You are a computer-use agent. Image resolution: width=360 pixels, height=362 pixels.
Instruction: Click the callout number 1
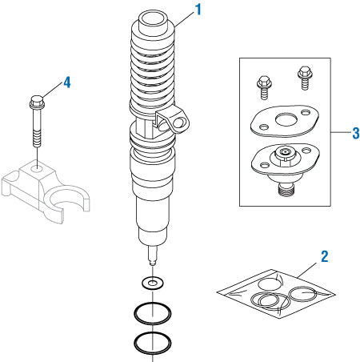point(198,10)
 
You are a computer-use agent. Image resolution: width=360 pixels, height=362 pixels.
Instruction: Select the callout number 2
point(324,256)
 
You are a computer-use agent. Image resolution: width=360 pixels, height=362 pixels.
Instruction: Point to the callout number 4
point(67,82)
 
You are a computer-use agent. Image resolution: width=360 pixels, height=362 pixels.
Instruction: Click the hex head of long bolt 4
point(36,103)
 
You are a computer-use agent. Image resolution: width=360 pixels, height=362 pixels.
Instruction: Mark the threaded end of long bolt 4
point(36,139)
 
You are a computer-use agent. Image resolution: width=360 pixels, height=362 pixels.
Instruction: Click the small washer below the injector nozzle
point(150,283)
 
